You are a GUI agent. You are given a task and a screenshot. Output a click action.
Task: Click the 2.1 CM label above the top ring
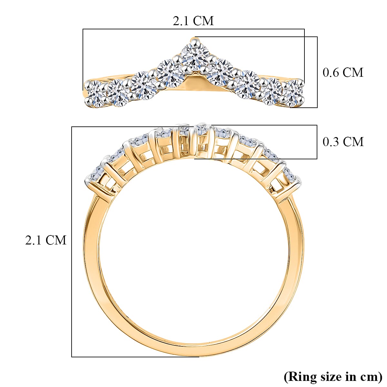(193, 21)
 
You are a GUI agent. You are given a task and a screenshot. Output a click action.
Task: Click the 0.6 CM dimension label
(343, 72)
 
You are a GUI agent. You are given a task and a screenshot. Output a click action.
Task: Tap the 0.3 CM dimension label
(343, 142)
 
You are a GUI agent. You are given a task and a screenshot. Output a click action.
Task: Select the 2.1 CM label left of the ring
(46, 240)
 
